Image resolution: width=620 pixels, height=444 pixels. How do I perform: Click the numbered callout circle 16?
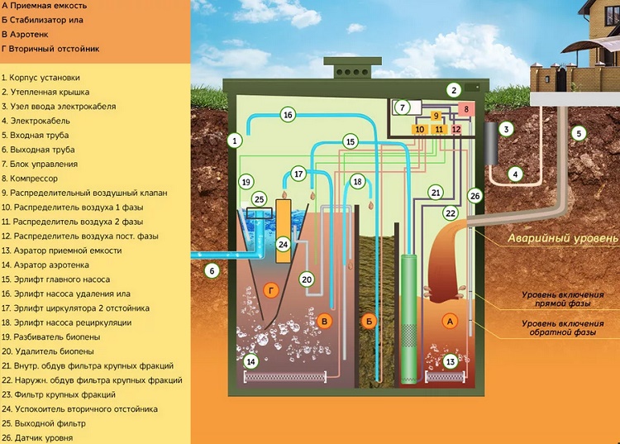288,115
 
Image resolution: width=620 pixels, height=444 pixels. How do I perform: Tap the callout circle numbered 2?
453,89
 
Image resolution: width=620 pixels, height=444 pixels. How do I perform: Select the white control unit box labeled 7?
403,107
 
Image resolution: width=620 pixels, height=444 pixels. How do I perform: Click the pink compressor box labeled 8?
465,109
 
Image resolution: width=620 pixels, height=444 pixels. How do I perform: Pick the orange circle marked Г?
270,289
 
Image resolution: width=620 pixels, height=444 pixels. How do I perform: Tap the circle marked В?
326,320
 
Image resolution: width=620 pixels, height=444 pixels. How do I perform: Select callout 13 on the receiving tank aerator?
451,361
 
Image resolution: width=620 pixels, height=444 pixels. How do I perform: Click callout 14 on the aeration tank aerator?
251,360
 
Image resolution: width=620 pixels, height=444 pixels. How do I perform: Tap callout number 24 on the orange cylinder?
284,245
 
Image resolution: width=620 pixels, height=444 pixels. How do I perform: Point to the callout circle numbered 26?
474,196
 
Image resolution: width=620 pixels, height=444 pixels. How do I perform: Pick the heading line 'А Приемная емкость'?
45,5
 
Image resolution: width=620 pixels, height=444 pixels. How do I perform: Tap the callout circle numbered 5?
579,133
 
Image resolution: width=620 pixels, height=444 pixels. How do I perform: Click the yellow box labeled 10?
420,130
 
